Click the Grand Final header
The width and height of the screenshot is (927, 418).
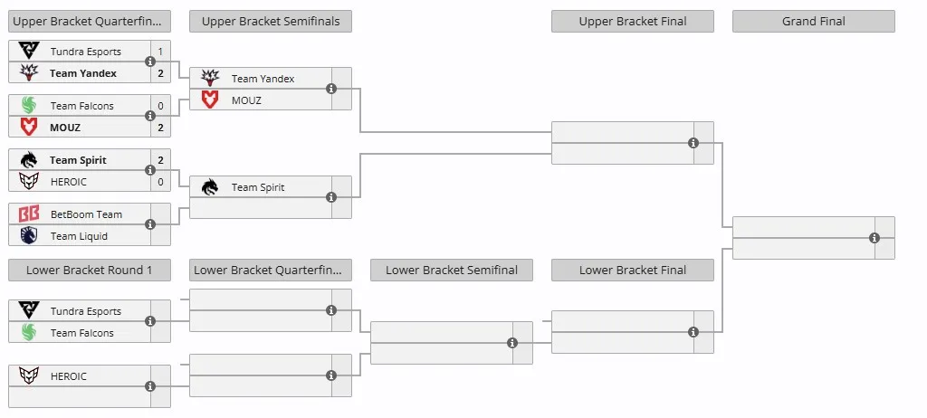click(x=814, y=22)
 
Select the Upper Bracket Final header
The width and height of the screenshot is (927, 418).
click(x=633, y=22)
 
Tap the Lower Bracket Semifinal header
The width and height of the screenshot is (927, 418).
click(x=452, y=271)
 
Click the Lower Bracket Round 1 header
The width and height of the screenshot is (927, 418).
click(x=90, y=271)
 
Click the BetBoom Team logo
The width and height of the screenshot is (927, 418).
click(x=28, y=214)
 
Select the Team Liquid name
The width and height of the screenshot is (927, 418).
click(x=80, y=236)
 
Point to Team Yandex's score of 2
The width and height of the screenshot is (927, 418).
click(x=160, y=73)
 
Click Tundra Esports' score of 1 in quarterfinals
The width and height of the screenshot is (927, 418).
click(x=160, y=52)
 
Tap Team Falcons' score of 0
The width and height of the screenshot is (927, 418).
click(x=160, y=106)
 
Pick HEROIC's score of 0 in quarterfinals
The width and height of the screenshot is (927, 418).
click(x=160, y=182)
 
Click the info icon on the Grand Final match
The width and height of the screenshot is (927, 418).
click(x=874, y=238)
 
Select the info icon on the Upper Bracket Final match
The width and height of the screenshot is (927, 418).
click(x=693, y=143)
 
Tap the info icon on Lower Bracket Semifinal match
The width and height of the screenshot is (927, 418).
click(x=512, y=343)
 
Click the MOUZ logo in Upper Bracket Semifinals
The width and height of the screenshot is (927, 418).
click(x=210, y=100)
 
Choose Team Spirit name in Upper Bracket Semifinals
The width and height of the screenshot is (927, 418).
click(x=258, y=187)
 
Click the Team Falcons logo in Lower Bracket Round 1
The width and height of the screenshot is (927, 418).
click(x=28, y=333)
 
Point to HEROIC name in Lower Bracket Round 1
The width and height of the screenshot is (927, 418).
click(x=69, y=376)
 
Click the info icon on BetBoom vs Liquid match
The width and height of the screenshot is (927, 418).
click(x=150, y=224)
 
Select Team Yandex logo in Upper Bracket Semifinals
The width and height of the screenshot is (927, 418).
click(x=210, y=78)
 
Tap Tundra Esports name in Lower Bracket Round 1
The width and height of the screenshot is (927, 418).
click(x=86, y=311)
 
